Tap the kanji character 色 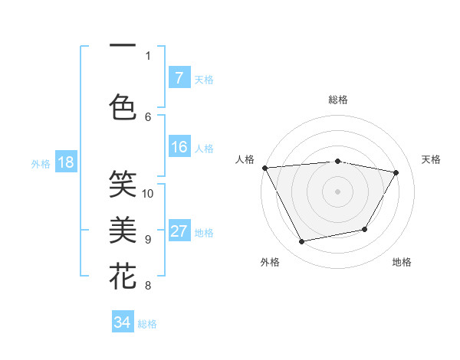pos(123,106)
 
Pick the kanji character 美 pos(123,229)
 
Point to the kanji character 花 pos(123,275)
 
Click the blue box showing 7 pos(179,78)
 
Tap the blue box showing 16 pos(179,148)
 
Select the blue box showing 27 pos(179,232)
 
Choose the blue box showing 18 pos(65,162)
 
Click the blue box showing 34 pos(122,322)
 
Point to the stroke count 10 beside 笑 pos(148,193)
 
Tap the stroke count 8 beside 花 pos(148,286)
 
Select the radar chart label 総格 pos(338,100)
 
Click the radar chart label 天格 pos(432,159)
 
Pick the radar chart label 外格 pos(270,262)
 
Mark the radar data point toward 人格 pos(264,167)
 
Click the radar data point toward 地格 pos(365,229)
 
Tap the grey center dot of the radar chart pos(338,191)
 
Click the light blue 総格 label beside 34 pos(148,324)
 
